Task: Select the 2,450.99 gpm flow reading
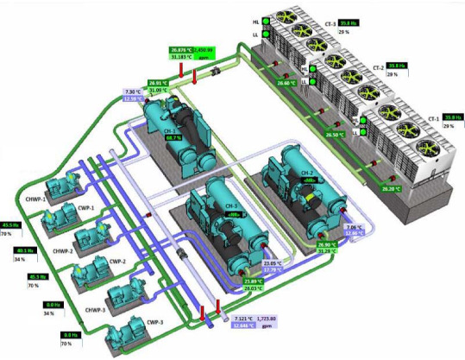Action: coord(203,50)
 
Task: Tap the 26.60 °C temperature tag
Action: coord(288,83)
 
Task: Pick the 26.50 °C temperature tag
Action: coord(336,135)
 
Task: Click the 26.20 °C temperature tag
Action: coord(380,188)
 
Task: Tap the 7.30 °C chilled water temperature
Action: coord(132,92)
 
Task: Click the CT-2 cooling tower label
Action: coord(378,69)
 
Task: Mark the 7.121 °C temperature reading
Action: coord(222,319)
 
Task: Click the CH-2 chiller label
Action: coord(306,173)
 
